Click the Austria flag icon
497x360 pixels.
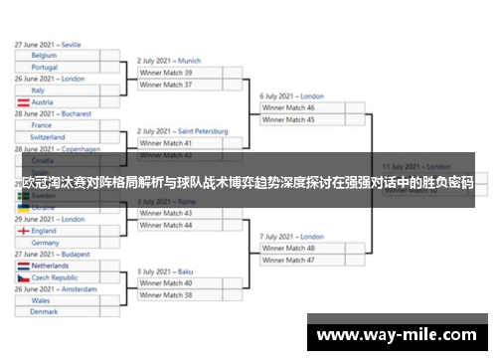(x=23, y=102)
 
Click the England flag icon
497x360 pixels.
(x=23, y=231)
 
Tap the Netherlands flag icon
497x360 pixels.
(x=23, y=267)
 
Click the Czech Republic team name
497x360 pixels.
(x=55, y=277)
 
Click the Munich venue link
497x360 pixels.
(x=189, y=61)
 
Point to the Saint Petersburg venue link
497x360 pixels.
(x=203, y=131)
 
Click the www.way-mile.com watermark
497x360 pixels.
(x=397, y=335)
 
